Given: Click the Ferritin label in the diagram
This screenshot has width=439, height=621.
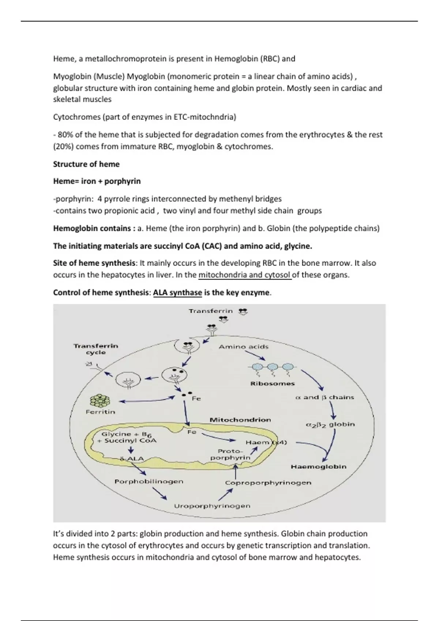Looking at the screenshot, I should pos(100,412).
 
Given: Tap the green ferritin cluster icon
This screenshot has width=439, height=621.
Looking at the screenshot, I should pos(100,401).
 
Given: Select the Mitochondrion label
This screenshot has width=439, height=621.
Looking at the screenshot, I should pos(240,420).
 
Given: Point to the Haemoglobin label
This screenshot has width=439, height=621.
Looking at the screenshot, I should pos(318,466).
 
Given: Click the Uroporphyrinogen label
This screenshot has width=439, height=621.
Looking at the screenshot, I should pos(212,506).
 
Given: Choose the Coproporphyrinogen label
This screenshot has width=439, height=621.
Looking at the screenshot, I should pos(268,483).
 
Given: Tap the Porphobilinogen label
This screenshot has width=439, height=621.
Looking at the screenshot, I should pos(149,481).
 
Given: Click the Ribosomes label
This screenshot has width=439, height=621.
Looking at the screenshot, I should pos(272,384).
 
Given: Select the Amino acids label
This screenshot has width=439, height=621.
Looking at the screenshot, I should pos(243,347).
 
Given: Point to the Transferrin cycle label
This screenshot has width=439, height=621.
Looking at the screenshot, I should pos(96,349).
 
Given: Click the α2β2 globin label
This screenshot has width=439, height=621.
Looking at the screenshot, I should pos(330,424).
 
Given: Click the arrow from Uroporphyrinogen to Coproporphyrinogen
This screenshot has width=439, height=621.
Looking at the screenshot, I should pos(226,495).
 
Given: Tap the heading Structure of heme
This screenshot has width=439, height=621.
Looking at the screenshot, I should pos(86,164).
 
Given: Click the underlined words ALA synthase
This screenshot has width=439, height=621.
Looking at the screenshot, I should pos(177,293).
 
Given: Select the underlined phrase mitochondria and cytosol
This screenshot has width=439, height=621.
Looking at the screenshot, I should pos(244,275).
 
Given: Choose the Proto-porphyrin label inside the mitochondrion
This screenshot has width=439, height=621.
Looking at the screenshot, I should pos(230,454).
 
